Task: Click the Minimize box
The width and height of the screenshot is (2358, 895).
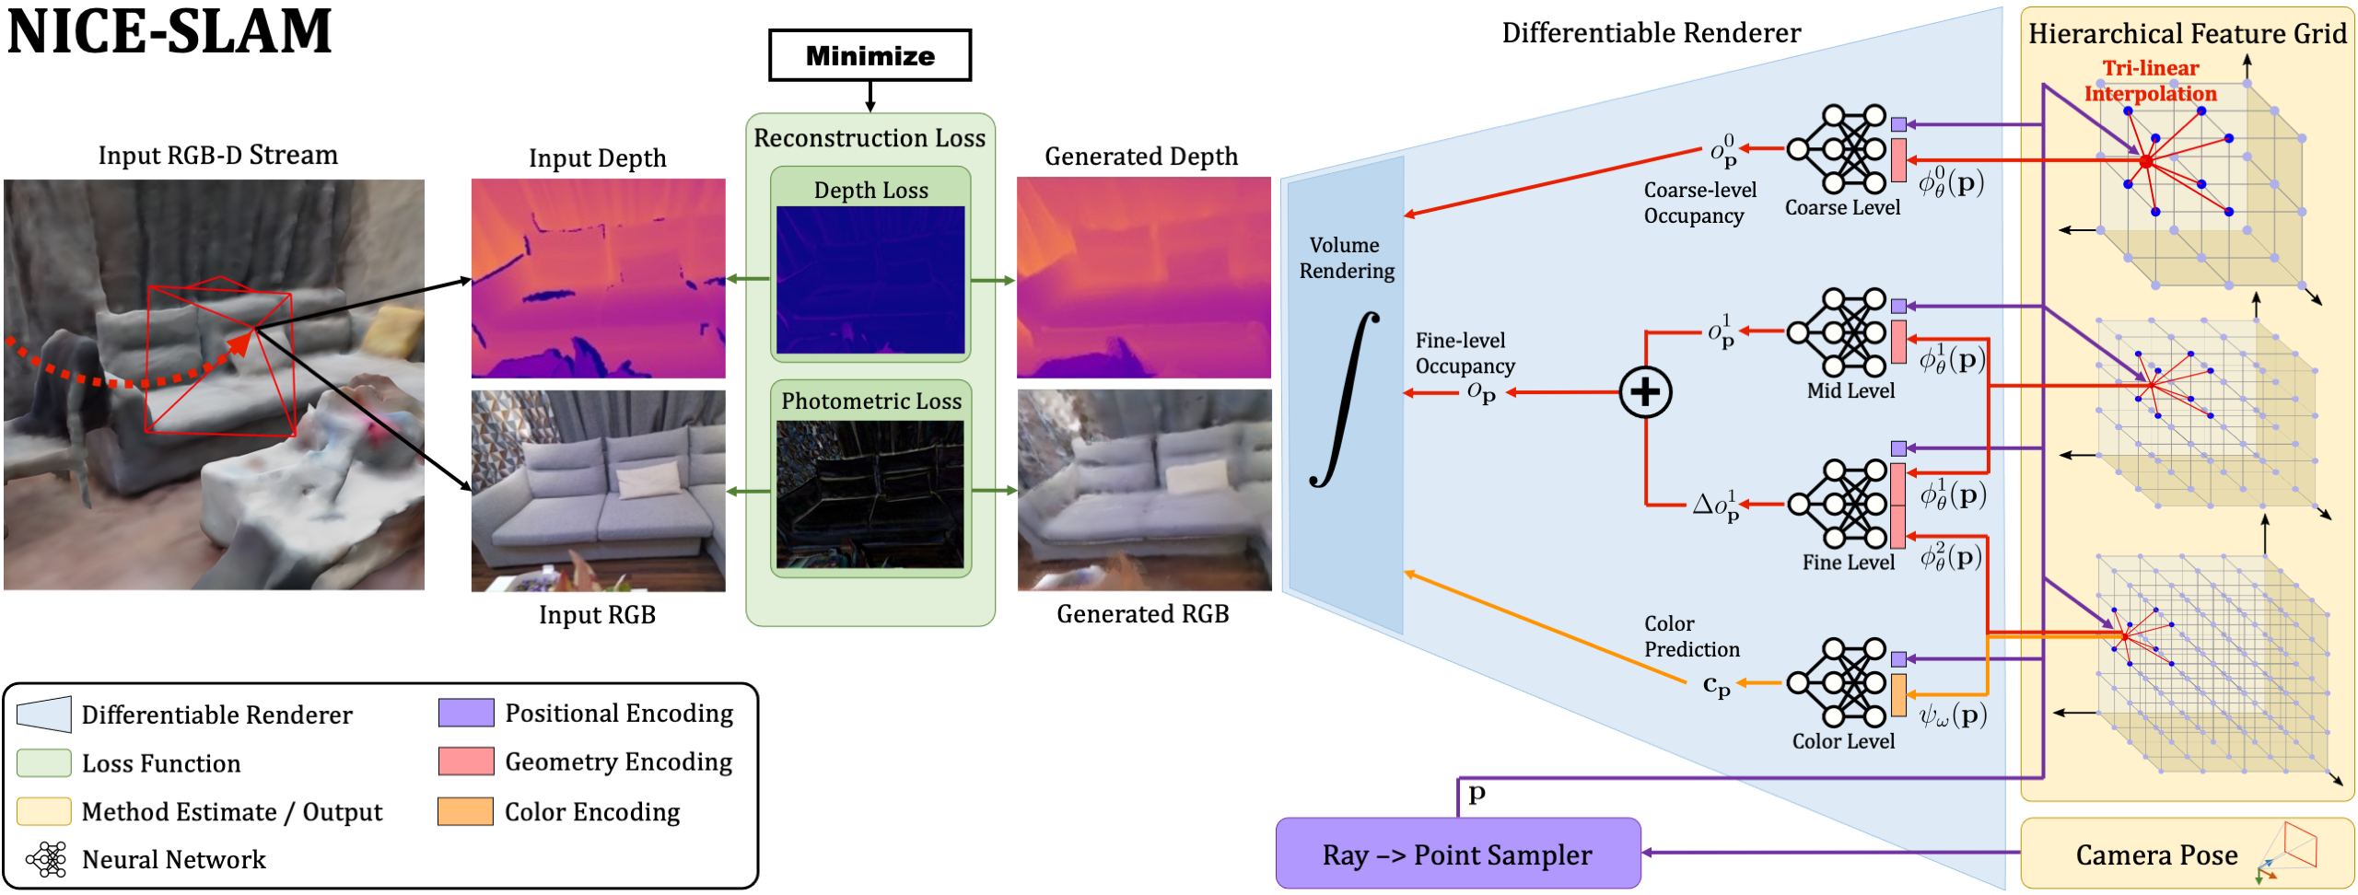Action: (870, 55)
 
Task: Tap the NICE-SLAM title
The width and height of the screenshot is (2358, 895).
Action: (169, 31)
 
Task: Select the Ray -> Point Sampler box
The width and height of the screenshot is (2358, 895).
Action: (1457, 854)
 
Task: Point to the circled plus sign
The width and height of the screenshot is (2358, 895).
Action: (1645, 392)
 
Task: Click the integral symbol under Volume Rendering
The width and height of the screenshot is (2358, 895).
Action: (1345, 398)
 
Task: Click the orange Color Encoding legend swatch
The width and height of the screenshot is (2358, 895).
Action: (465, 811)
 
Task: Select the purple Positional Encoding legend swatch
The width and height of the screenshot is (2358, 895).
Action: (465, 713)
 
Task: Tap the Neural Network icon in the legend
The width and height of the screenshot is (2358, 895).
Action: (46, 859)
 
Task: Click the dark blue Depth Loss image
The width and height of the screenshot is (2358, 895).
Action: (870, 280)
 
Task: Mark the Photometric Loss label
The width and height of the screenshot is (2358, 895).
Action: (870, 401)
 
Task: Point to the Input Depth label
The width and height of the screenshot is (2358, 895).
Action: (597, 158)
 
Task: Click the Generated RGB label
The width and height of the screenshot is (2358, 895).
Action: (1142, 614)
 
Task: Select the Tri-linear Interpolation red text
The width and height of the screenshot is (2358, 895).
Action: (2150, 81)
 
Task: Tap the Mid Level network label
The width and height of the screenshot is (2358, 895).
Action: (1850, 390)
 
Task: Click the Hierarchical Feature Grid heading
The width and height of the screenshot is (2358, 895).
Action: (2187, 34)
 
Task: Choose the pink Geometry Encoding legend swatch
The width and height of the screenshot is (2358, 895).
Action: (465, 761)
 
